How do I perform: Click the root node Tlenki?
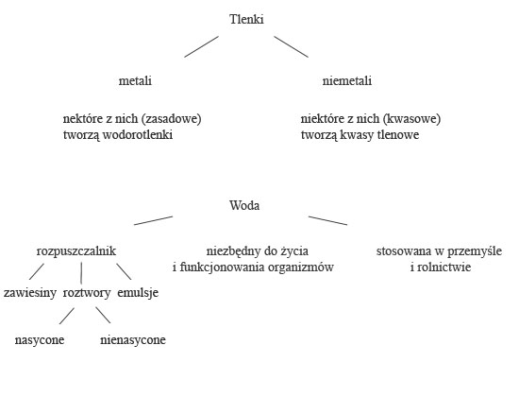click(x=246, y=19)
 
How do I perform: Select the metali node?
click(x=135, y=80)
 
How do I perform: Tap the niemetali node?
click(x=347, y=80)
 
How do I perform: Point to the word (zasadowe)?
click(x=171, y=119)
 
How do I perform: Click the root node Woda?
click(x=244, y=205)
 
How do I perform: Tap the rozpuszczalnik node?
click(x=76, y=251)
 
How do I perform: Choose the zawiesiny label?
click(x=30, y=292)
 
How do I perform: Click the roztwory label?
click(x=87, y=292)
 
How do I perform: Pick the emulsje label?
click(x=138, y=292)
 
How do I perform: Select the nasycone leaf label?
click(x=40, y=340)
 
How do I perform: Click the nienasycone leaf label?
click(x=133, y=340)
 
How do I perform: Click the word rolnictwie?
click(x=444, y=267)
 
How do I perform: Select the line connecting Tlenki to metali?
click(x=201, y=46)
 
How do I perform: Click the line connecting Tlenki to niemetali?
click(x=292, y=46)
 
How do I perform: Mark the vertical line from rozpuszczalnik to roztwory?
click(x=81, y=273)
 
